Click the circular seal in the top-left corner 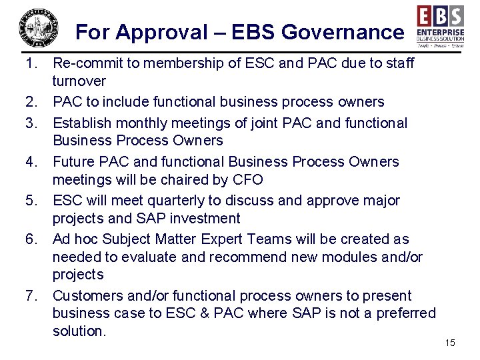(39, 29)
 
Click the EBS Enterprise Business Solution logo (440, 26)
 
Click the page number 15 (449, 343)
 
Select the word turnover (79, 81)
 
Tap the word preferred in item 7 (403, 313)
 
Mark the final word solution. (79, 331)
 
